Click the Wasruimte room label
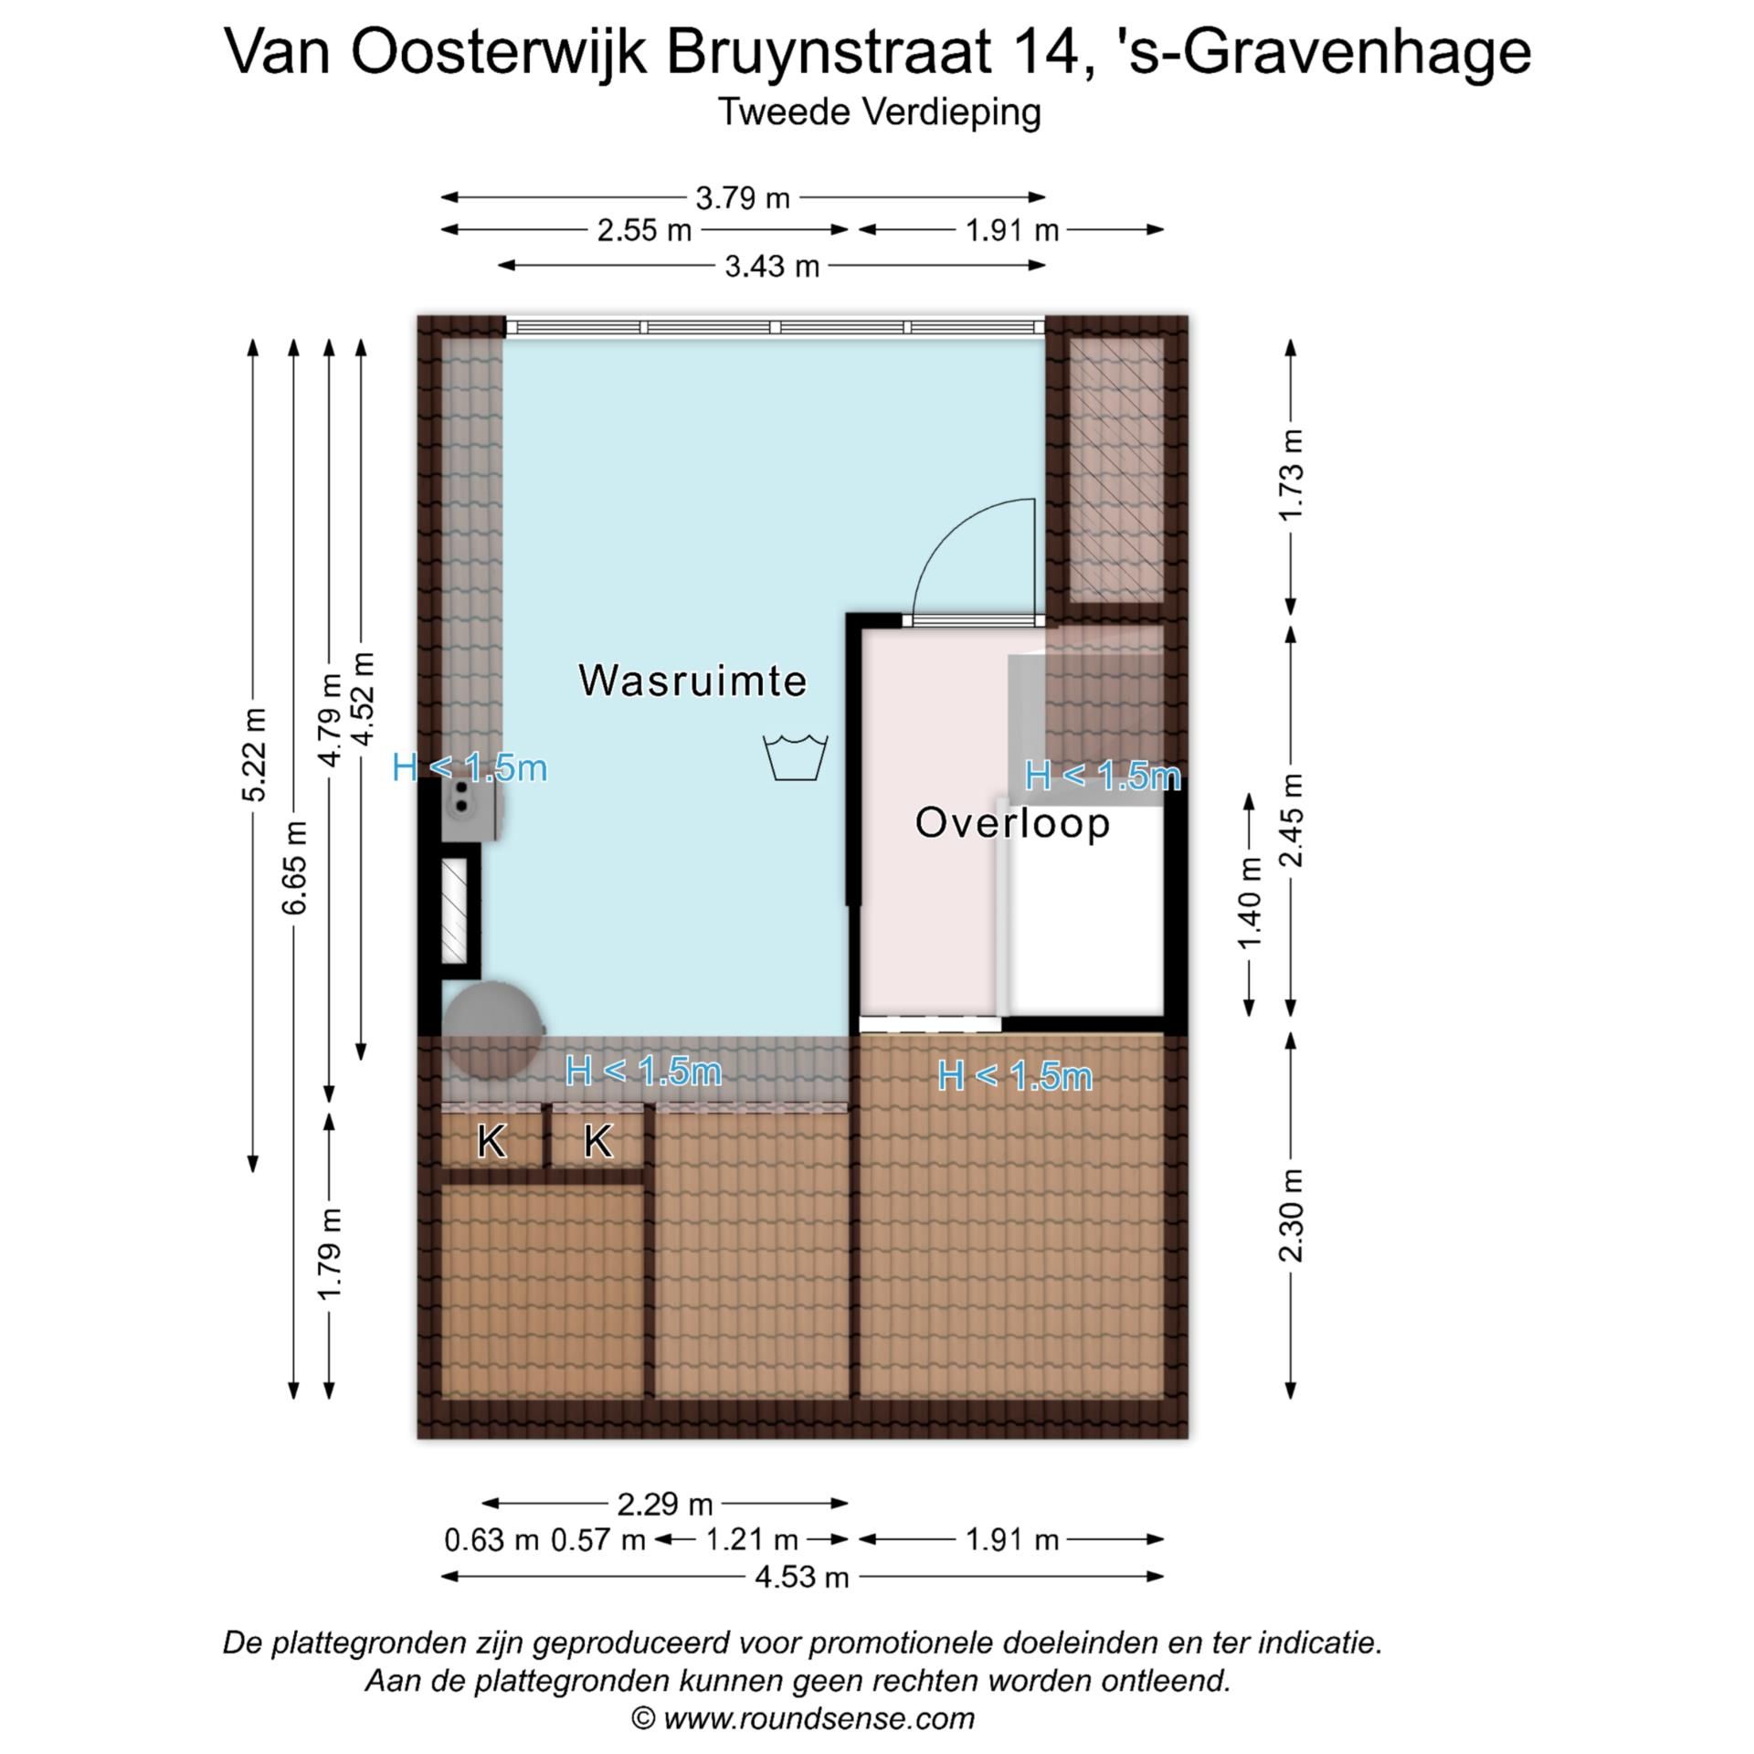692,682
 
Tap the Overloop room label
1012,823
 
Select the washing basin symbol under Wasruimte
796,757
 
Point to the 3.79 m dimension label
742,197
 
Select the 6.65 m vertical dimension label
294,868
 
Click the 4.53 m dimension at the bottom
802,1577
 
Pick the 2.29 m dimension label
664,1504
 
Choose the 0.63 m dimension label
491,1540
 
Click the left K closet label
491,1142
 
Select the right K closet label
597,1142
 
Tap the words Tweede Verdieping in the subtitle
879,112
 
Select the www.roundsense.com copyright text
804,1718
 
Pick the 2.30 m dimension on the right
1291,1215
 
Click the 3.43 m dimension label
772,267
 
